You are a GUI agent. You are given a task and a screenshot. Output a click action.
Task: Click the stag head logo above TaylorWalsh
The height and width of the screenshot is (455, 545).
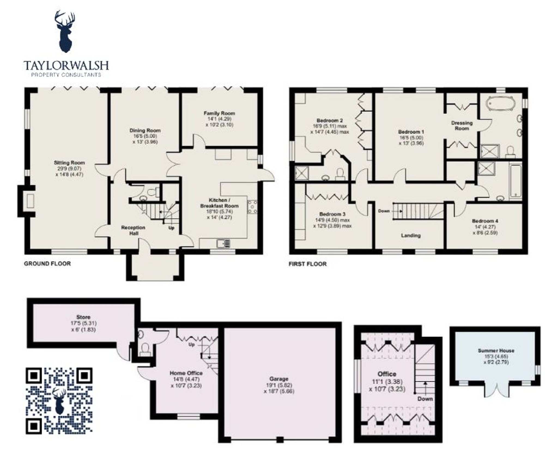65,31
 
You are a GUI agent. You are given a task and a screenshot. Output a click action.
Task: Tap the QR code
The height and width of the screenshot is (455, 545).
59,401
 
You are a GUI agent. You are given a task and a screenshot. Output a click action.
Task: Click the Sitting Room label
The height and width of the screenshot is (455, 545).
69,163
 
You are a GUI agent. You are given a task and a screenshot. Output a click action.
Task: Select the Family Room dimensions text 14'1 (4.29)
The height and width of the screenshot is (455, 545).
219,119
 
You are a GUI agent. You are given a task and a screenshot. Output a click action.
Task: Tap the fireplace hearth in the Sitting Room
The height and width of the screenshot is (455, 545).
30,201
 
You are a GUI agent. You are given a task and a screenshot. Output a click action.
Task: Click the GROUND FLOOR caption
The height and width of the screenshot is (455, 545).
47,263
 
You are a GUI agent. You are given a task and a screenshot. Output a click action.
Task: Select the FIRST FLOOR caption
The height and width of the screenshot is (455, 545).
308,264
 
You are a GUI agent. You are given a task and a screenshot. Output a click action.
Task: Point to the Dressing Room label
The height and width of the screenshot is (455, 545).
462,126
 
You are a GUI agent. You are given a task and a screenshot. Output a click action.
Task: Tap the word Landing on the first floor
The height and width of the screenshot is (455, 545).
411,235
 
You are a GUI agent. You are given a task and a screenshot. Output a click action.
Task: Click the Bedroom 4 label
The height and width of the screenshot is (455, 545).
485,221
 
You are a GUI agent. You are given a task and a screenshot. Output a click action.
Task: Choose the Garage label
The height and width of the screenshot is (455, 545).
279,379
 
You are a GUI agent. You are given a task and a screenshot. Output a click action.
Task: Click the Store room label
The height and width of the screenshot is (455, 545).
83,317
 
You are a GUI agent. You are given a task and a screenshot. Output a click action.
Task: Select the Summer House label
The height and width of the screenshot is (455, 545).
496,350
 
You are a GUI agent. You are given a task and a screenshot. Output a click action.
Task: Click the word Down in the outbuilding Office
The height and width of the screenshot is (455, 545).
425,399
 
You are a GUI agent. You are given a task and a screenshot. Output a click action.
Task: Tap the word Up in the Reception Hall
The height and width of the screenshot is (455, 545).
171,228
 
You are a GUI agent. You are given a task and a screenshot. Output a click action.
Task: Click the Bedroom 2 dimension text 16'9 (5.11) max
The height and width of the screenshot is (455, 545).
330,126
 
